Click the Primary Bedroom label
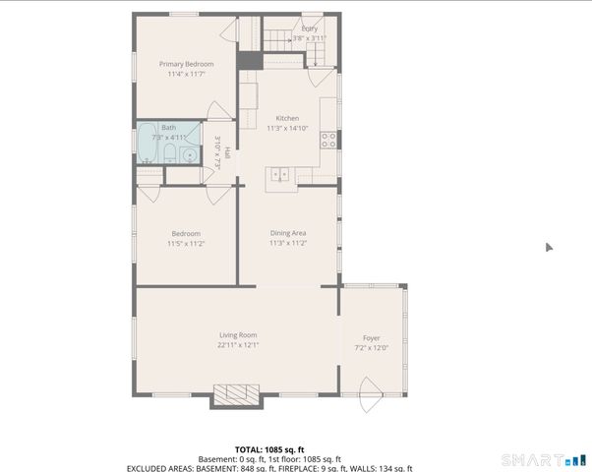pyautogui.click(x=187, y=64)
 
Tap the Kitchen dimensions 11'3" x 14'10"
pyautogui.click(x=287, y=128)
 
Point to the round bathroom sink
pyautogui.click(x=189, y=154)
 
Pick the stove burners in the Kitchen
pyautogui.click(x=330, y=140)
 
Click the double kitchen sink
pyautogui.click(x=281, y=174)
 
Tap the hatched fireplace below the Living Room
pyautogui.click(x=237, y=395)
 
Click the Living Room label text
pyautogui.click(x=238, y=335)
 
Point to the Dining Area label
pyautogui.click(x=288, y=233)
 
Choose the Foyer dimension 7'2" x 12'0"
pyautogui.click(x=372, y=347)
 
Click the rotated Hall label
pyautogui.click(x=228, y=153)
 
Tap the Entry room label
pyautogui.click(x=310, y=29)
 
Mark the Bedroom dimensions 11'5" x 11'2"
pyautogui.click(x=186, y=243)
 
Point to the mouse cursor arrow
pyautogui.click(x=550, y=248)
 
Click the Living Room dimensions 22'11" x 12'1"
pyautogui.click(x=238, y=345)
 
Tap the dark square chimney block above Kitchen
pyautogui.click(x=250, y=60)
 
